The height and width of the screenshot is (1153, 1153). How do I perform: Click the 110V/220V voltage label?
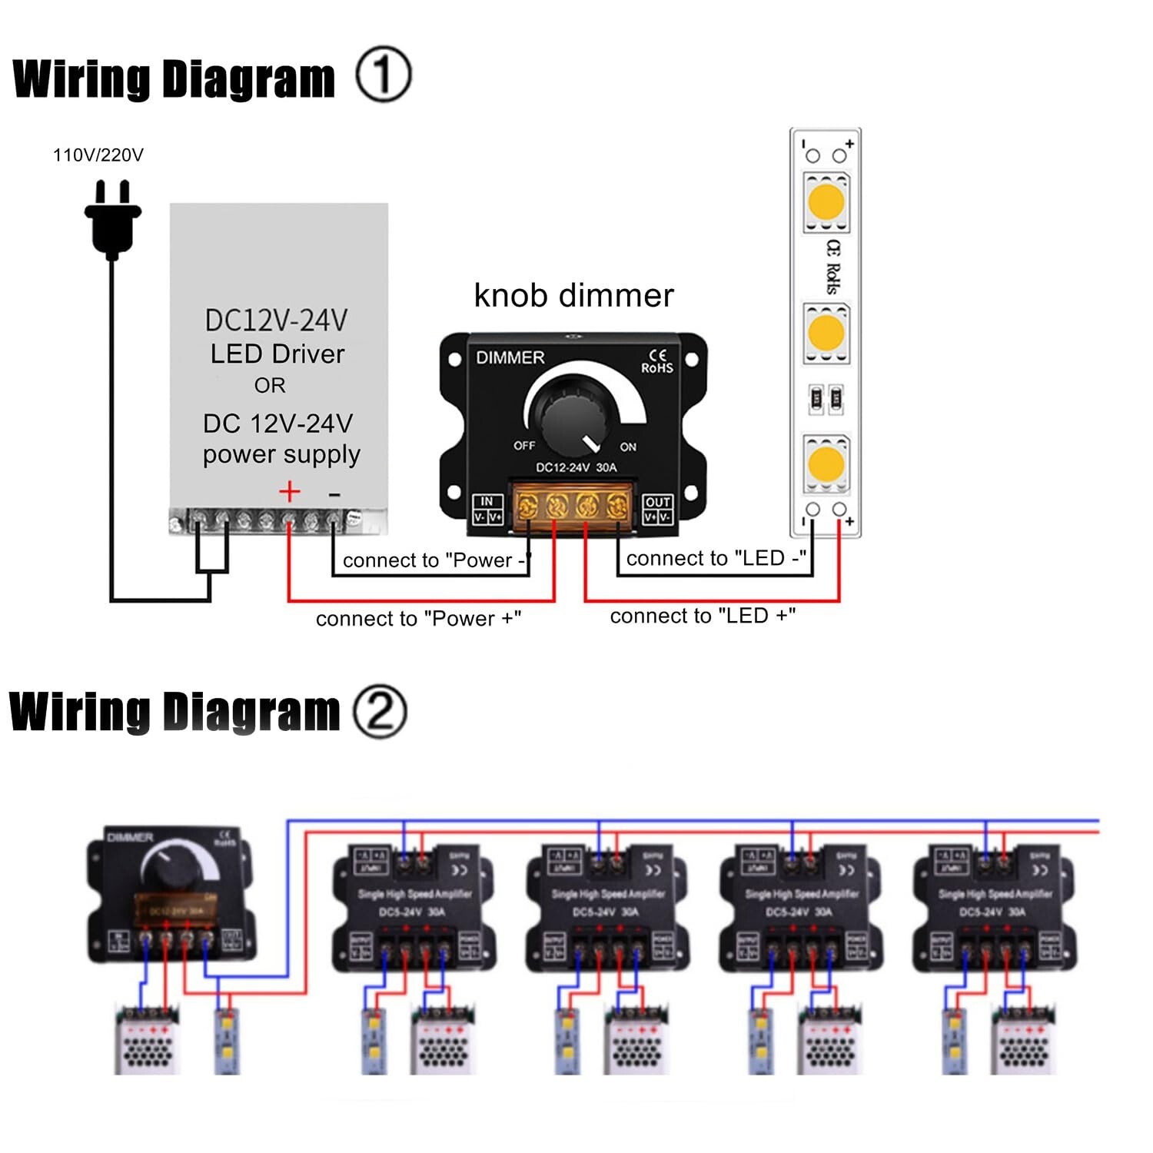click(98, 155)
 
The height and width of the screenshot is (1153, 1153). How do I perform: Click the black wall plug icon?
click(113, 219)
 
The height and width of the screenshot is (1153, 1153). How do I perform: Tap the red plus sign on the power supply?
click(289, 492)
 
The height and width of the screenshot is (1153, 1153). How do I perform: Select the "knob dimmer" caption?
click(573, 296)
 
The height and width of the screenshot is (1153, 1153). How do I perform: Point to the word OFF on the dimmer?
click(524, 446)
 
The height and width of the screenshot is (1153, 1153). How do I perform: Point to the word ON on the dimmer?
click(628, 447)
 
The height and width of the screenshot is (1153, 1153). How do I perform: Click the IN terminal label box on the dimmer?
click(487, 510)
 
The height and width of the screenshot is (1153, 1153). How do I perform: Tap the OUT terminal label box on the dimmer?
click(658, 510)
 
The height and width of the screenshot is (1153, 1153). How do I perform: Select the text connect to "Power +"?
click(418, 619)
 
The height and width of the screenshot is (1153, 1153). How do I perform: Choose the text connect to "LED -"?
click(716, 559)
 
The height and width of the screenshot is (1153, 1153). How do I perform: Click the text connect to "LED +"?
click(703, 616)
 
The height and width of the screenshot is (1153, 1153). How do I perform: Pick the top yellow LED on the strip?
click(826, 201)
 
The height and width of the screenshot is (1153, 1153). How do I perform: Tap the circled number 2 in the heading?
click(379, 712)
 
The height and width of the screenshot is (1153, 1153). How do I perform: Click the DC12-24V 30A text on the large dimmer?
click(576, 467)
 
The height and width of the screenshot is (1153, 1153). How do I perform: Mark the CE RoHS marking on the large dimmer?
click(657, 362)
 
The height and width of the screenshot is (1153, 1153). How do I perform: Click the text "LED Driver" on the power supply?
click(277, 354)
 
